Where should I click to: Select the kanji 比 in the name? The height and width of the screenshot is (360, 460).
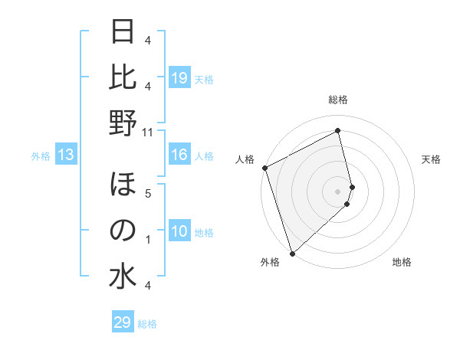123,78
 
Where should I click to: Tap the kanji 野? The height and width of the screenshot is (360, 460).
123,123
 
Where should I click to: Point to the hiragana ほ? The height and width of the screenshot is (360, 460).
123,186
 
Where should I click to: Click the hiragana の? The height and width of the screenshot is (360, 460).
123,231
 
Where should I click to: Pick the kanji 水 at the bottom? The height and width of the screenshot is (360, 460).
123,276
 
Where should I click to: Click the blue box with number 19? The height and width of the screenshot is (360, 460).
179,78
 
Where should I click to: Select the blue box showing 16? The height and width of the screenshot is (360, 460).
179,155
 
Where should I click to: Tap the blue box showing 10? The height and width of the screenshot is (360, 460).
179,232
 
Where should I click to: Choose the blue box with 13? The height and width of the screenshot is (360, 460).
65,155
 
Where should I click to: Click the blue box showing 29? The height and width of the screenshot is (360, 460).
123,322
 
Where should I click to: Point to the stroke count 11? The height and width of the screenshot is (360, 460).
148,132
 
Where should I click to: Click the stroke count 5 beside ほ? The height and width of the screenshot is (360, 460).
148,193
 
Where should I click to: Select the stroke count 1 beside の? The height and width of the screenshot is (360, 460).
148,240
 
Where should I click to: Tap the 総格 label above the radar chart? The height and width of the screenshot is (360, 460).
338,100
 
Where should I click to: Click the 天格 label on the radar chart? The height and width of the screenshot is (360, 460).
432,159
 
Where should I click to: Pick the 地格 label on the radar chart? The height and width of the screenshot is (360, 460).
402,262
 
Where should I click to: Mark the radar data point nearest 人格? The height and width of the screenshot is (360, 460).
264,168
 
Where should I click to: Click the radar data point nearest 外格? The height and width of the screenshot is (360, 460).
292,253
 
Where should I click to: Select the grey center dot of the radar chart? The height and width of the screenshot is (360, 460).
338,191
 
